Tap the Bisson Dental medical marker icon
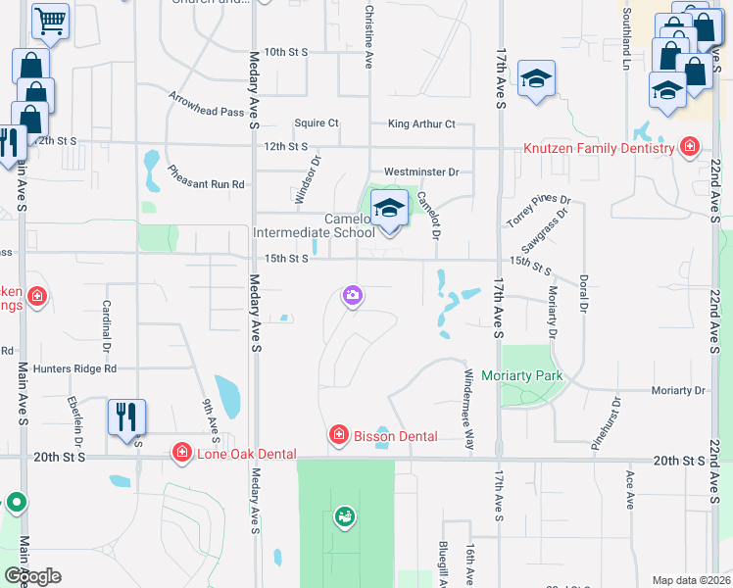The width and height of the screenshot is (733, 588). click(339, 434)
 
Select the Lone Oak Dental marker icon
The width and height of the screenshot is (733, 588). click(181, 452)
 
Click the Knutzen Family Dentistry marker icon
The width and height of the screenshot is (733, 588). click(690, 147)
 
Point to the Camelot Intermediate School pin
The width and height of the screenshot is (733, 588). click(390, 210)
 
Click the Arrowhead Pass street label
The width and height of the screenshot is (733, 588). click(206, 105)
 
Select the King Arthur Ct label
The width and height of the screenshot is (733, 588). click(421, 124)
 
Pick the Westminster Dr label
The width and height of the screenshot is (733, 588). click(421, 171)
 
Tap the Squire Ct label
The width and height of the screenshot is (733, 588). click(317, 123)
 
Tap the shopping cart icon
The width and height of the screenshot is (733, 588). click(49, 20)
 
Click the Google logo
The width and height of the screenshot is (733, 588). click(32, 575)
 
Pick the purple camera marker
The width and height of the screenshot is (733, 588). click(352, 295)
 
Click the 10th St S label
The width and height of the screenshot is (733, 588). click(286, 51)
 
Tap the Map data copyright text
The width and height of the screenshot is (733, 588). click(691, 580)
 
